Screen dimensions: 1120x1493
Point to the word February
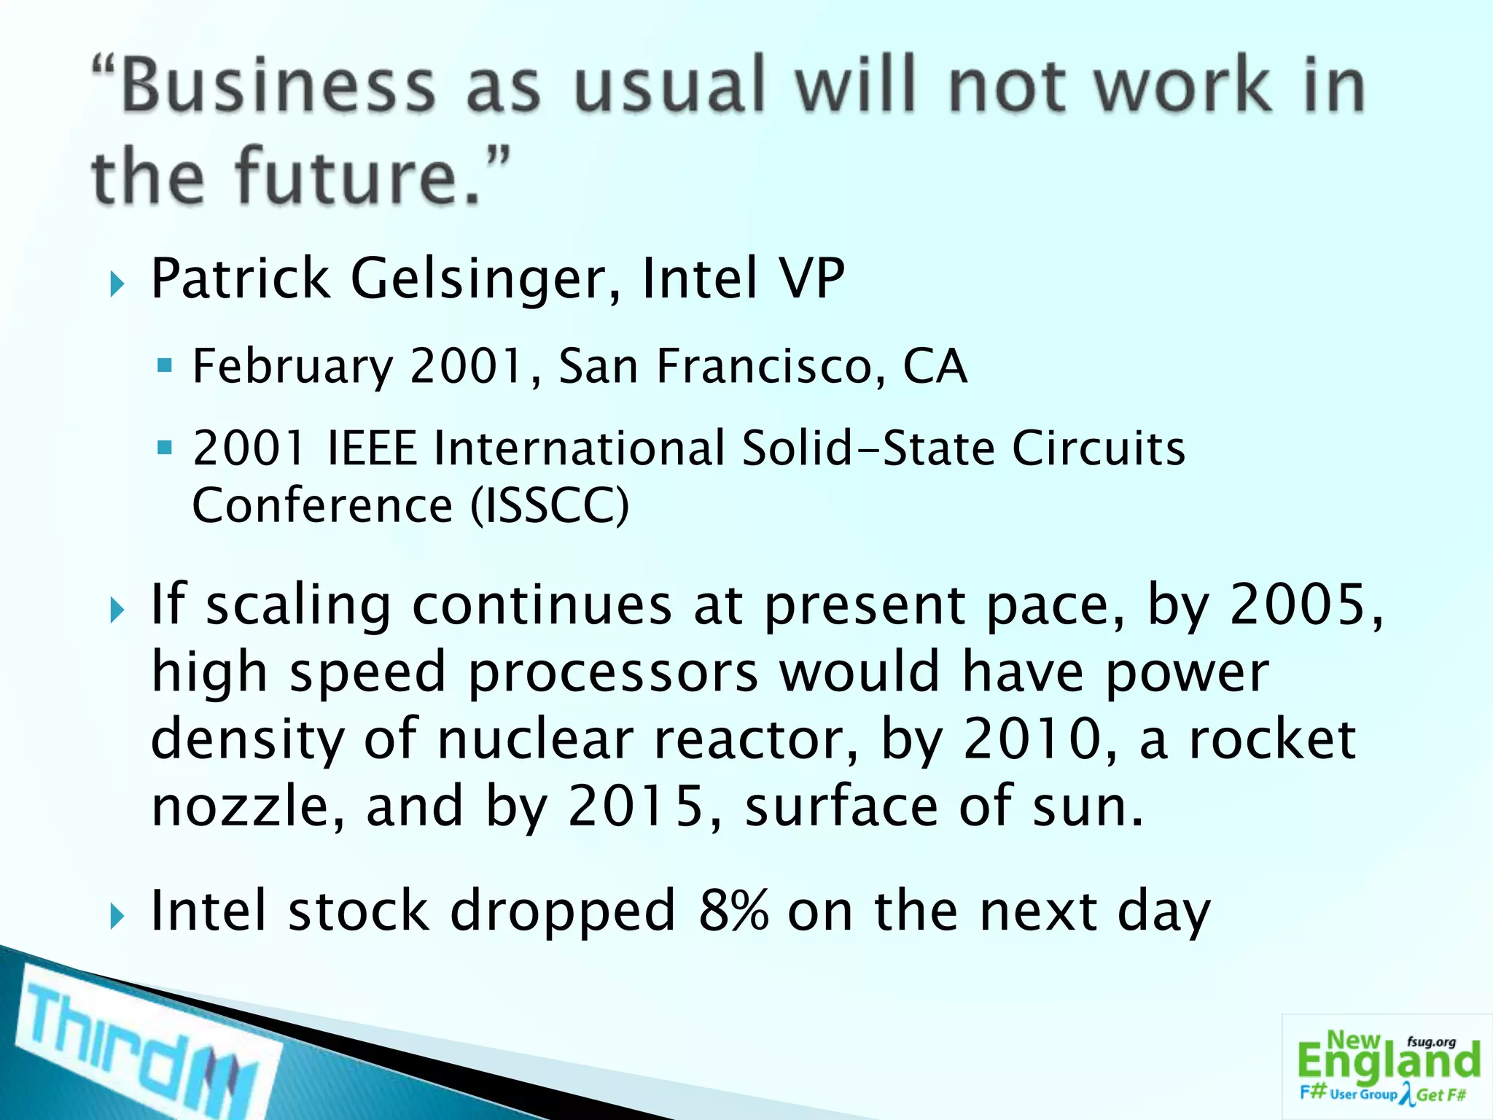tap(292, 367)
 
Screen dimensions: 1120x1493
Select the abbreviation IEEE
tap(372, 448)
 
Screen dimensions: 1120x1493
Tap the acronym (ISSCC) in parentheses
tap(549, 505)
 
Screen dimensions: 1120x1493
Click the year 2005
tap(1298, 604)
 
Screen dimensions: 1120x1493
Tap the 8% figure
tap(733, 911)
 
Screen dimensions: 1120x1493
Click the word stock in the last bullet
tap(358, 911)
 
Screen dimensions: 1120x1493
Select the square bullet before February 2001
tap(165, 365)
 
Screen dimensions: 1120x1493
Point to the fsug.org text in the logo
tap(1431, 1042)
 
